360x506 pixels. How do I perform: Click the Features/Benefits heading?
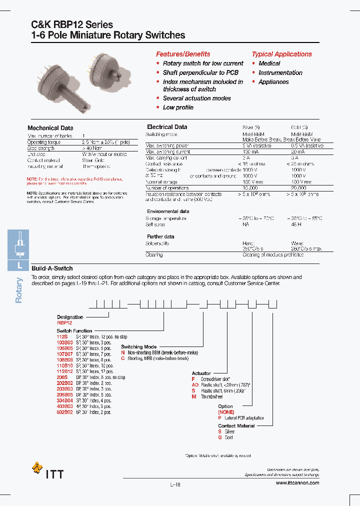click(x=183, y=54)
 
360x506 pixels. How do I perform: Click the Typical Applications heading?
click(x=281, y=54)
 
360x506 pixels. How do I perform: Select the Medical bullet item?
click(x=269, y=63)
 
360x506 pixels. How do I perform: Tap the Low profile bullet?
click(x=178, y=107)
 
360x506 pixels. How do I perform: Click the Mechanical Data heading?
click(x=50, y=128)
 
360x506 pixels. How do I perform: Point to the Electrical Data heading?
click(x=167, y=127)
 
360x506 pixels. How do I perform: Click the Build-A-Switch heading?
click(x=52, y=268)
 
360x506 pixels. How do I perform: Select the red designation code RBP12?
click(x=65, y=323)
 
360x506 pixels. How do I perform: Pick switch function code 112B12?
click(x=65, y=371)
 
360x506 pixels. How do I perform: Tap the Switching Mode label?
click(x=138, y=346)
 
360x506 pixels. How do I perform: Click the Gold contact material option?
click(x=228, y=437)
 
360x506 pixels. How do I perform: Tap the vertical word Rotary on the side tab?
click(x=19, y=290)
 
